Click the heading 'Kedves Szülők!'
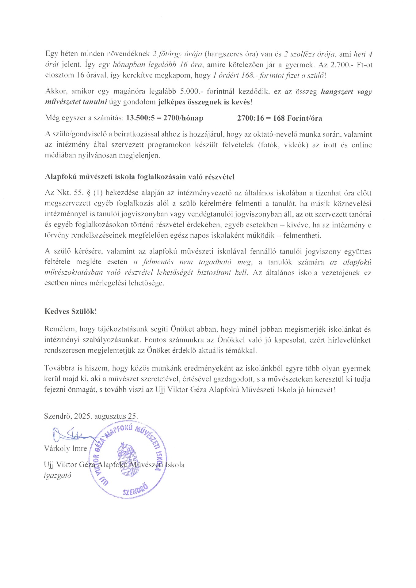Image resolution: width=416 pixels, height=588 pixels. [x=71, y=311]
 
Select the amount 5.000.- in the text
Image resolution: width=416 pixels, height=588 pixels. [x=190, y=91]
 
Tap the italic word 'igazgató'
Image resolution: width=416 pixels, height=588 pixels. [x=58, y=476]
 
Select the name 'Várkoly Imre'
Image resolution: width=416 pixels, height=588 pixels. [x=66, y=449]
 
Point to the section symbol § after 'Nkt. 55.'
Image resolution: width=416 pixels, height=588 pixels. [x=89, y=193]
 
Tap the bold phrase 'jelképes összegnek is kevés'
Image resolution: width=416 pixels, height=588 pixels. [x=204, y=102]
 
